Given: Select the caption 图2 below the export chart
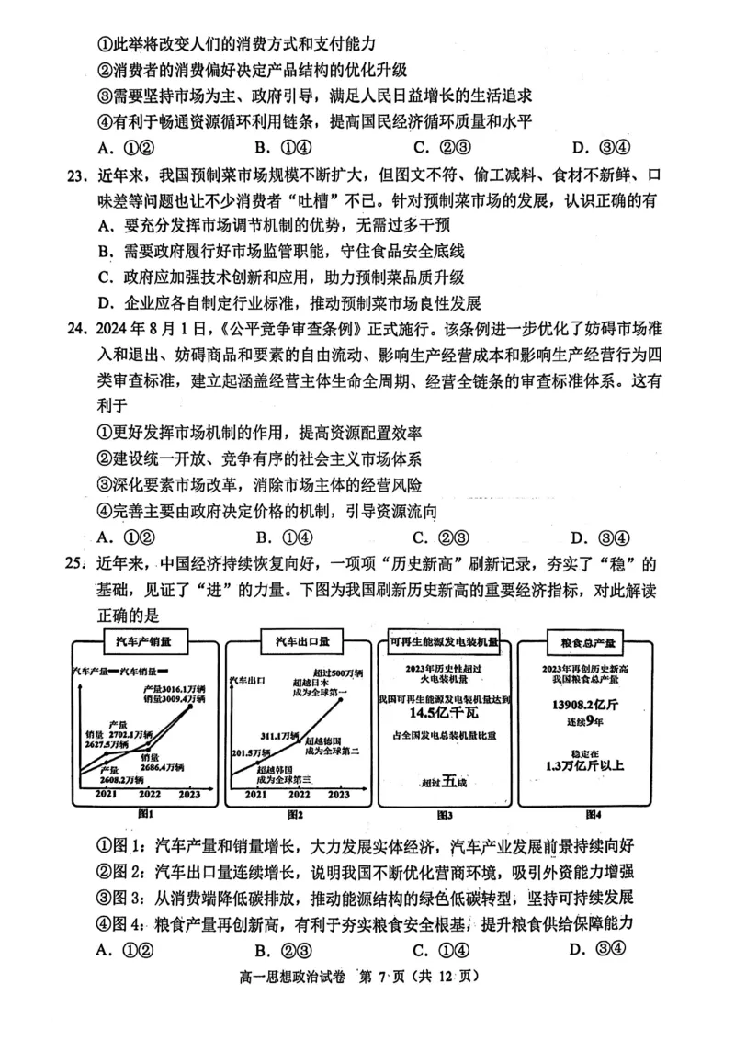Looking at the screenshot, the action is click(x=295, y=814).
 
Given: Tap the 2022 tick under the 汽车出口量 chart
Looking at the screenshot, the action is click(x=295, y=795).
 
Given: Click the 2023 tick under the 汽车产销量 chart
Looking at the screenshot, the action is click(x=189, y=793).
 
